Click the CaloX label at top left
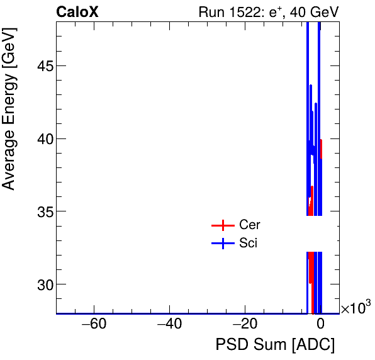pos(77,11)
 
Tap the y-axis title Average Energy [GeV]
pos(9,113)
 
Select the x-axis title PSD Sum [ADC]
pos(275,345)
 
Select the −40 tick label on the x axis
pos(169,325)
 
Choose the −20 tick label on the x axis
pos(245,325)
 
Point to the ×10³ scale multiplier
pos(355,308)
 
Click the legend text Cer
pos(250,225)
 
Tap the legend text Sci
pos(249,244)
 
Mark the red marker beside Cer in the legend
pos(222,225)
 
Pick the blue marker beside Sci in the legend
pos(222,244)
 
